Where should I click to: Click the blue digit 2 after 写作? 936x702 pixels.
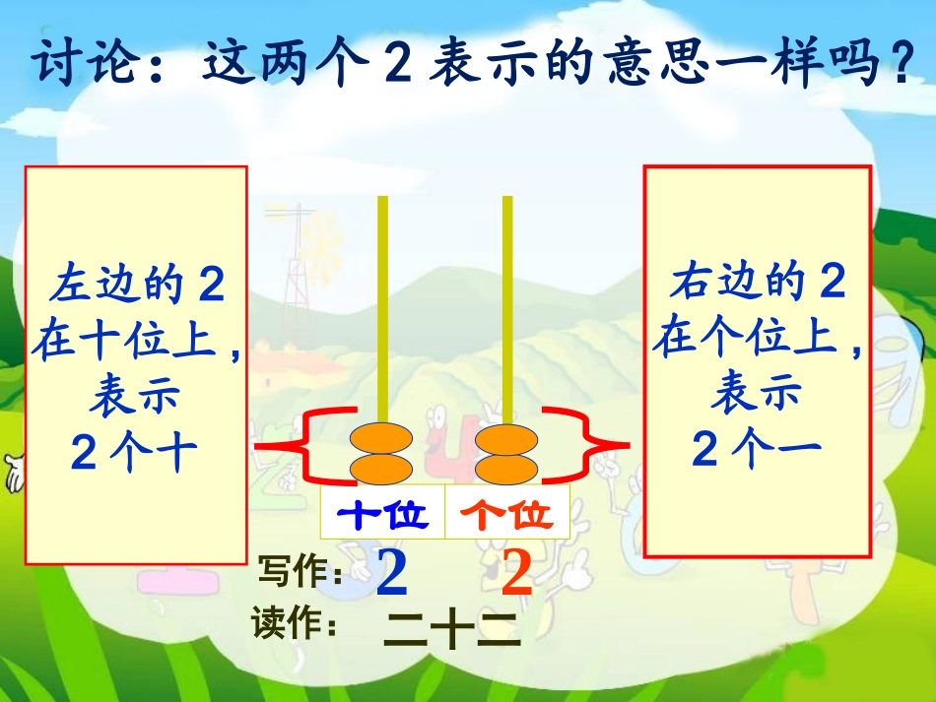(392, 575)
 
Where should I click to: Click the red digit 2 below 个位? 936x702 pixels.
(516, 575)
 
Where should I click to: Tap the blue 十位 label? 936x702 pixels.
(383, 513)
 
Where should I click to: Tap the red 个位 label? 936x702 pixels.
(508, 513)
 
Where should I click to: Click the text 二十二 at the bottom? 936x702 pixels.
(451, 630)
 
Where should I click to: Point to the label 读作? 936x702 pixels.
(295, 623)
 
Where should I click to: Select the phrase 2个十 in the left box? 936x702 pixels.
(135, 453)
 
